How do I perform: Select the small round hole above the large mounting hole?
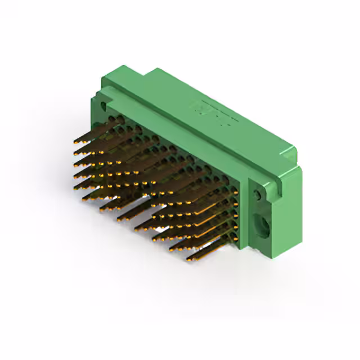coord(258,195)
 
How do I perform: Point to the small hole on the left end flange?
coord(103,105)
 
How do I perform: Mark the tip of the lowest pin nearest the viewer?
coord(188,260)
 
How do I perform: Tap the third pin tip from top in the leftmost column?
coord(76,163)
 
